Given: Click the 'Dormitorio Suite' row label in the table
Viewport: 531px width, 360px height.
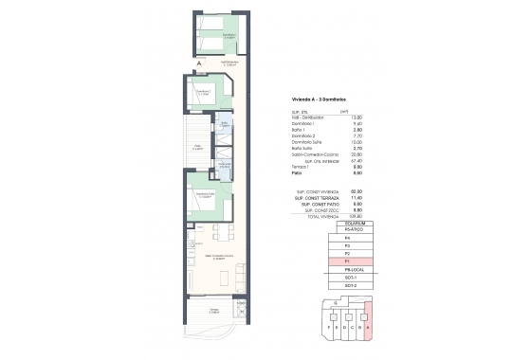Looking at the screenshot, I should point(304,142).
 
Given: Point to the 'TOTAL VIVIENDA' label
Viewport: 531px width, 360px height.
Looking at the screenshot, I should point(302,216).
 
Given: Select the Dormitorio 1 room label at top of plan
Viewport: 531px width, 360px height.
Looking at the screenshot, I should point(228,35).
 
